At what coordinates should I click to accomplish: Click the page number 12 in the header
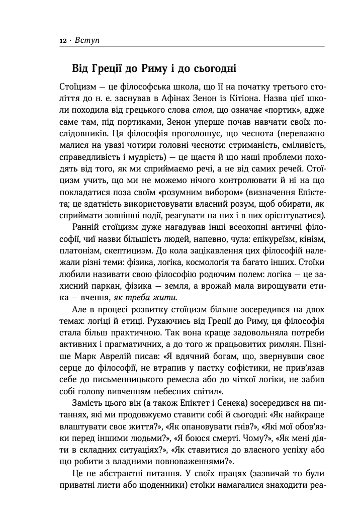tap(62, 40)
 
